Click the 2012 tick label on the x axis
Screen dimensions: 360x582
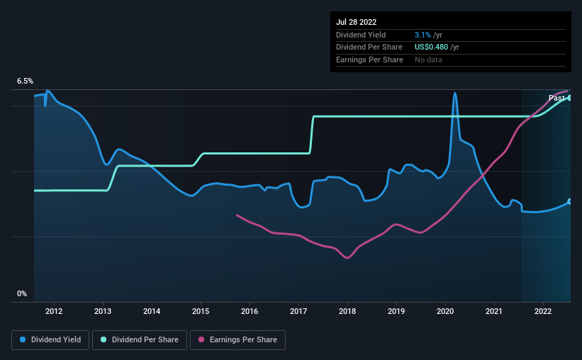click(x=54, y=310)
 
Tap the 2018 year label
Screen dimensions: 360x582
click(x=347, y=310)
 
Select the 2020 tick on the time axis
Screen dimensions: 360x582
click(x=445, y=310)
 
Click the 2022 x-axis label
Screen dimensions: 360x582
click(x=543, y=310)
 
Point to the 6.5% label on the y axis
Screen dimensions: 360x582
click(x=26, y=81)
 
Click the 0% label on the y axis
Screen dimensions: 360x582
click(x=22, y=293)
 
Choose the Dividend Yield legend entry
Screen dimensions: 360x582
click(x=50, y=340)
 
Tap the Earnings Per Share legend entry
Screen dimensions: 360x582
click(x=237, y=340)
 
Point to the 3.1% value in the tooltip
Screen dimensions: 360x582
click(x=423, y=35)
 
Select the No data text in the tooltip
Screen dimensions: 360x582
click(x=430, y=60)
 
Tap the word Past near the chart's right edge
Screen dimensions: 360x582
click(x=556, y=98)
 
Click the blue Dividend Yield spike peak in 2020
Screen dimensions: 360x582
click(x=454, y=93)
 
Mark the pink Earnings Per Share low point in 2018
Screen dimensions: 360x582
click(x=347, y=258)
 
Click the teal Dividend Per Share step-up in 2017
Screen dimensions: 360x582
click(x=311, y=135)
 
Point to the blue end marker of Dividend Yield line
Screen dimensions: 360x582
click(x=570, y=202)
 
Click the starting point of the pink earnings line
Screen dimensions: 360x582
click(x=237, y=215)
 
